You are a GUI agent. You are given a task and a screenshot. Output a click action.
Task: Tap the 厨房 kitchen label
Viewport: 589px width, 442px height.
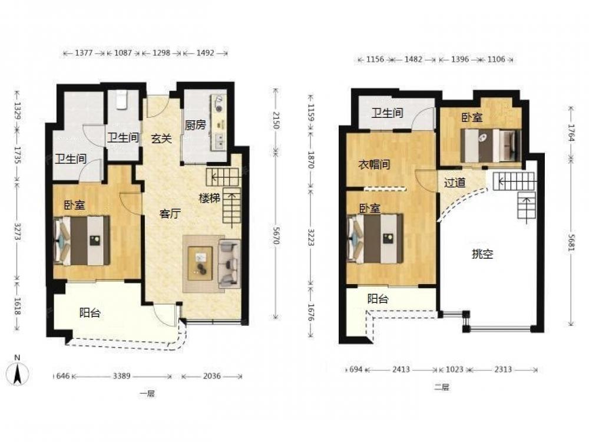(x=196, y=125)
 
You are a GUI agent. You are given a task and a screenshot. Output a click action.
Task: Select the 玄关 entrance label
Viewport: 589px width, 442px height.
(x=161, y=138)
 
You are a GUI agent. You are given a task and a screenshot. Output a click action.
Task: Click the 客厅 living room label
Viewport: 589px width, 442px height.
(x=170, y=214)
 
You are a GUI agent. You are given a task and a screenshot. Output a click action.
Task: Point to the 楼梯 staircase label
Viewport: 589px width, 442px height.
(x=209, y=197)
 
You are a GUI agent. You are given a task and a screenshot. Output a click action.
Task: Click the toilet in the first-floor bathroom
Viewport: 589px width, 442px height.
(x=121, y=100)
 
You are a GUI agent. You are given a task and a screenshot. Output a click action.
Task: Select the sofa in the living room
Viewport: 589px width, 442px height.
(x=230, y=263)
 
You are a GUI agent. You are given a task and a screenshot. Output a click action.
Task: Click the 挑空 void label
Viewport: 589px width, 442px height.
(x=482, y=254)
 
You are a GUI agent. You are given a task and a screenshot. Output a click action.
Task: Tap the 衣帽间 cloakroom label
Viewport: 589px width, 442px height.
(x=374, y=164)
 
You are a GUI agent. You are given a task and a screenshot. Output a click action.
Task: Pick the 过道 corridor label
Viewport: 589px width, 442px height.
(x=455, y=183)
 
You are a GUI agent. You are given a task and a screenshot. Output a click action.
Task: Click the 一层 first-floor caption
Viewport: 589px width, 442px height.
(x=147, y=394)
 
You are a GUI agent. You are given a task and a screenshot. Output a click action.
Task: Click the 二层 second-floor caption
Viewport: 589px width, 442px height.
(x=442, y=387)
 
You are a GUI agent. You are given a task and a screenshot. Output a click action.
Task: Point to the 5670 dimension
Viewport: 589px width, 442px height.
(x=276, y=236)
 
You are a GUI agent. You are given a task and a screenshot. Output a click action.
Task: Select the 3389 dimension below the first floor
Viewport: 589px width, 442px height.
(x=122, y=376)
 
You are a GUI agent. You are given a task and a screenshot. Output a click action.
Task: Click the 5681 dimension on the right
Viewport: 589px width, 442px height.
(x=571, y=243)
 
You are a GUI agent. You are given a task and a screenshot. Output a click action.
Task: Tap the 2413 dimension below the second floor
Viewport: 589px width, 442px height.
(x=401, y=370)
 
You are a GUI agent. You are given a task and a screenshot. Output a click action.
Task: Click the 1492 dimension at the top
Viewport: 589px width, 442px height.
(x=205, y=53)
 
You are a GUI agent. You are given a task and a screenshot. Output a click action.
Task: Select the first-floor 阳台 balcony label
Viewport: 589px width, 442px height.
(x=90, y=313)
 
